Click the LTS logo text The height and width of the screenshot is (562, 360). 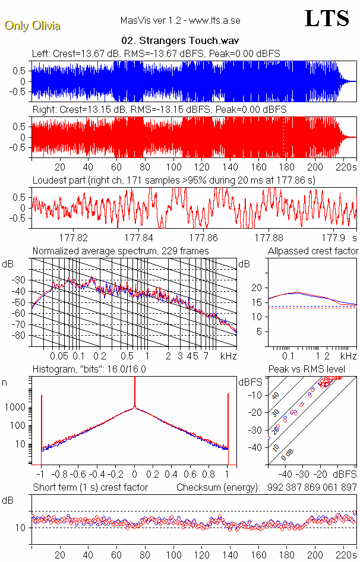[326, 18]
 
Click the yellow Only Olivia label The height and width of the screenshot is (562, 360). [32, 26]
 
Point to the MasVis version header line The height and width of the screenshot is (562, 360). [179, 21]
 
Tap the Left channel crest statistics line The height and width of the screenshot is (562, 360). [156, 53]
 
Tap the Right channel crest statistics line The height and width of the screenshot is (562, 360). [159, 110]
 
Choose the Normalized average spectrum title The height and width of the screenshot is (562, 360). [121, 251]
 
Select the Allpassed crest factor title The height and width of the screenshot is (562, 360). [313, 251]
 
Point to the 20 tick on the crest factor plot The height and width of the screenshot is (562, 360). [256, 288]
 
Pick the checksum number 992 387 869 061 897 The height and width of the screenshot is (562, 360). [310, 488]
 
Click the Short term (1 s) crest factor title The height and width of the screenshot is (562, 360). [90, 488]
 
